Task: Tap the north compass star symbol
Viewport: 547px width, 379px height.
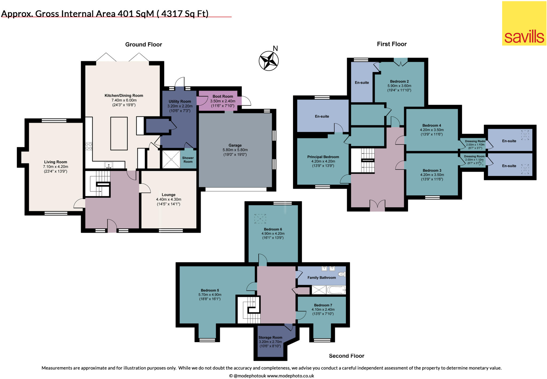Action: click(269, 61)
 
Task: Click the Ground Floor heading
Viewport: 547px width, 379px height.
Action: click(143, 45)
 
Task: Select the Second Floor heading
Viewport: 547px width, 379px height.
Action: click(346, 356)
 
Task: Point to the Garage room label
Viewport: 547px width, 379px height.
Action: click(235, 145)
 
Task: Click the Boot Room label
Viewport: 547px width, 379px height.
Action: click(222, 96)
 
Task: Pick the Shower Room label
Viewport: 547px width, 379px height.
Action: click(188, 160)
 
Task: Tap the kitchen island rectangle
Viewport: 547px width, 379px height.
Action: click(119, 133)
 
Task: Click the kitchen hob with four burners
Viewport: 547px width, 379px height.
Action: click(89, 146)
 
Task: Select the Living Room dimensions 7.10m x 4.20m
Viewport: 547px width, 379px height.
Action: click(56, 167)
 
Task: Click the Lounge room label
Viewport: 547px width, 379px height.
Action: click(168, 195)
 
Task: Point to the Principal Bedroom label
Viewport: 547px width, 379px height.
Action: click(323, 157)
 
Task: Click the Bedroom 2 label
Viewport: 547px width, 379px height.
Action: click(399, 81)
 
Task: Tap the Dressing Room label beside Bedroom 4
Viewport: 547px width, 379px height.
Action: click(475, 141)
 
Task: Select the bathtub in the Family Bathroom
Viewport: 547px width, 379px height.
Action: click(336, 290)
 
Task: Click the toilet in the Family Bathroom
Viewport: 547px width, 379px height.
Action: click(342, 274)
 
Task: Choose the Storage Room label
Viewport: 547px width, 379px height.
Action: click(270, 337)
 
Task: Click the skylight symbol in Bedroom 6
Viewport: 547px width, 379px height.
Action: click(260, 218)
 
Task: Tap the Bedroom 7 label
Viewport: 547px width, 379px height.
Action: click(323, 305)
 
